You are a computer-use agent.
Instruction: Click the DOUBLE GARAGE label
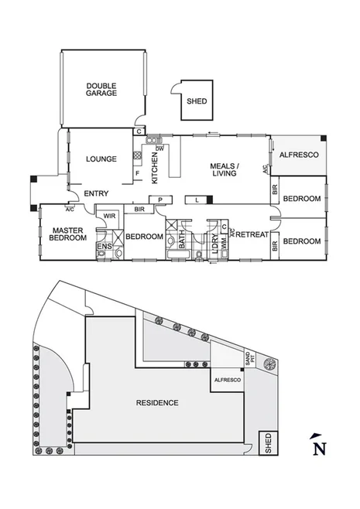point(101,89)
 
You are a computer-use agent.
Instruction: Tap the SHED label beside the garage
point(197,100)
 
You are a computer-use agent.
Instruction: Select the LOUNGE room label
point(101,159)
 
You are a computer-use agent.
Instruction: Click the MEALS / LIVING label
point(225,170)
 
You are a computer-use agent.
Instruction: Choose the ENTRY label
point(95,193)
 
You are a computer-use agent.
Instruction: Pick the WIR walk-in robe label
point(109,216)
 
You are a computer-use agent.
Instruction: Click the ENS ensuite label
point(102,248)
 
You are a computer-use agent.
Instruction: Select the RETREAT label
point(252,234)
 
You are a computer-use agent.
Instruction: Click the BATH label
point(183,243)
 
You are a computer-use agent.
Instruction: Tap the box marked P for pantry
point(160,200)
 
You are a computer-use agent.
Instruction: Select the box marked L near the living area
point(197,200)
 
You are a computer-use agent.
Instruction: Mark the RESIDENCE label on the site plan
point(157,403)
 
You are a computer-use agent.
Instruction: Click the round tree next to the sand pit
point(269,364)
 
